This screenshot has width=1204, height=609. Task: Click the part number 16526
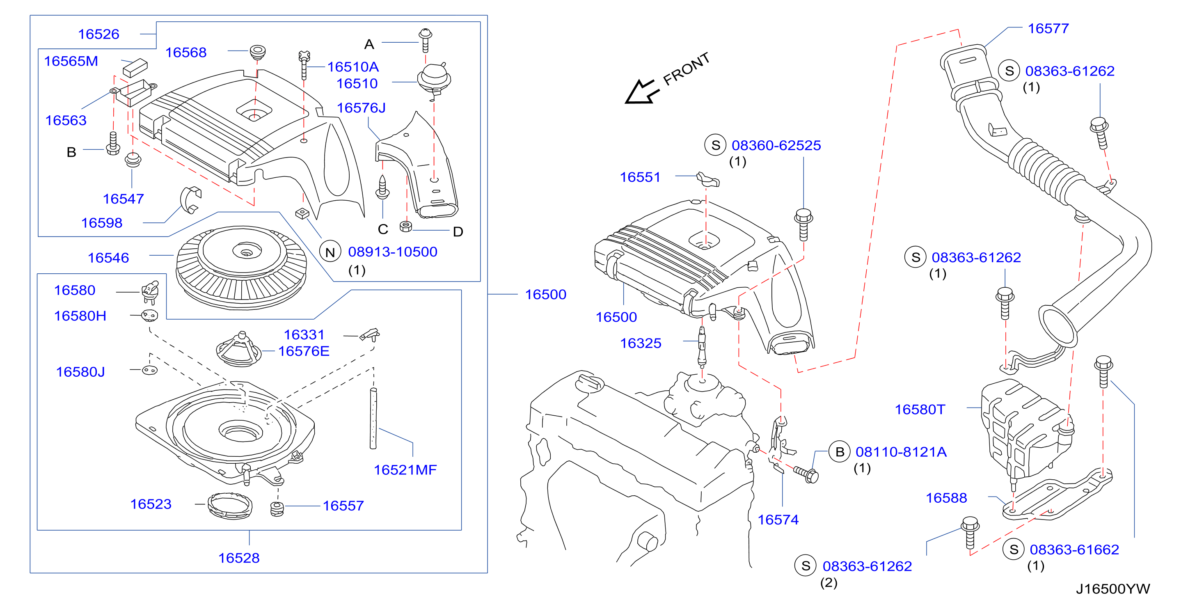[x=98, y=34]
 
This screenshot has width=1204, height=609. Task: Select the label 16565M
[x=71, y=61]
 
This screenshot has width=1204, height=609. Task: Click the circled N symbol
[x=330, y=252]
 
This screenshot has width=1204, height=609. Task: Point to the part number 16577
[x=1048, y=28]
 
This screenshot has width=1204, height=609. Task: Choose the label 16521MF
[x=405, y=470]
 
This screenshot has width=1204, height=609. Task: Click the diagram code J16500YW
[x=1113, y=589]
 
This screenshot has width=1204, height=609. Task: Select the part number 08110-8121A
[x=901, y=452]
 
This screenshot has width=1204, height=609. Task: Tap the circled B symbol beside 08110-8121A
[x=840, y=452]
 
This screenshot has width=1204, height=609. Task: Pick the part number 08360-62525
[x=776, y=145]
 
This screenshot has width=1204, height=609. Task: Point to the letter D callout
[x=458, y=232]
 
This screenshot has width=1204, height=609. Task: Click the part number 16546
[x=108, y=258]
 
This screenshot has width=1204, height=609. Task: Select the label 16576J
[x=361, y=108]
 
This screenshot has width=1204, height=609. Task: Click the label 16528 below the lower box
[x=239, y=558]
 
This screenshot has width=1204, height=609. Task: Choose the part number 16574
[x=778, y=520]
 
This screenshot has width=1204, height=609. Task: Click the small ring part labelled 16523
[x=230, y=506]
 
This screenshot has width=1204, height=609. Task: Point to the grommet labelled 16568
[x=258, y=52]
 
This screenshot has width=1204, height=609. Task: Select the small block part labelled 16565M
[x=135, y=68]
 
